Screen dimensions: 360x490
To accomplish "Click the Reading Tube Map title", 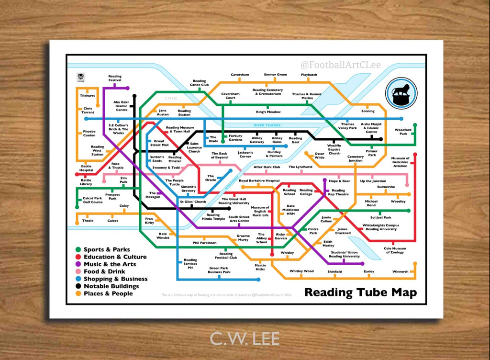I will tap(360, 292).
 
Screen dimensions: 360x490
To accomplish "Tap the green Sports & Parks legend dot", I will tap(78, 249).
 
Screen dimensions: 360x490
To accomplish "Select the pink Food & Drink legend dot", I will tap(78, 271).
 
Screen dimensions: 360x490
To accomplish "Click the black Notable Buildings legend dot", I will tap(78, 286).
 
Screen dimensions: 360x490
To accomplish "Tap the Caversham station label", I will tap(240, 75).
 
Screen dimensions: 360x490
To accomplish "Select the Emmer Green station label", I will tap(275, 75).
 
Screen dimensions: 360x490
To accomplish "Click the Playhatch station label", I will tap(309, 75).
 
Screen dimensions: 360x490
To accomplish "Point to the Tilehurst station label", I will tap(88, 96).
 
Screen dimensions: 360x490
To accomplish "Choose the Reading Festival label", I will tap(115, 78).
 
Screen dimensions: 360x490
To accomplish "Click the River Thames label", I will tap(267, 125).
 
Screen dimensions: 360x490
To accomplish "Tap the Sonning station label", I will tap(368, 111).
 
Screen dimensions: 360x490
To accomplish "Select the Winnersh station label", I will tap(401, 271).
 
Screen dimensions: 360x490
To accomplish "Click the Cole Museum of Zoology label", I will tap(395, 250).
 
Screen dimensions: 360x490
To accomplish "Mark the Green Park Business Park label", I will tap(219, 270).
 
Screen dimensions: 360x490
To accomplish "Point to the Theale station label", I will tap(88, 221).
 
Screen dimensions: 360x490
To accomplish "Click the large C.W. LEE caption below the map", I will tap(245, 338).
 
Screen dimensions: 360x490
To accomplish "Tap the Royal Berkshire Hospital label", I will tap(259, 181).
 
